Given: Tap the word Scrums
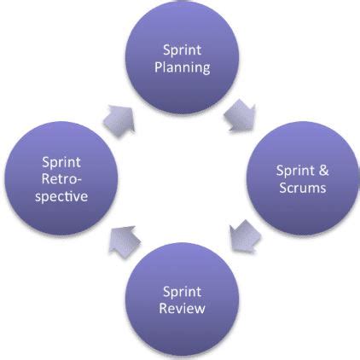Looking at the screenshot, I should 301,188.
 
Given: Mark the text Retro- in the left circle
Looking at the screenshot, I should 58,179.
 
